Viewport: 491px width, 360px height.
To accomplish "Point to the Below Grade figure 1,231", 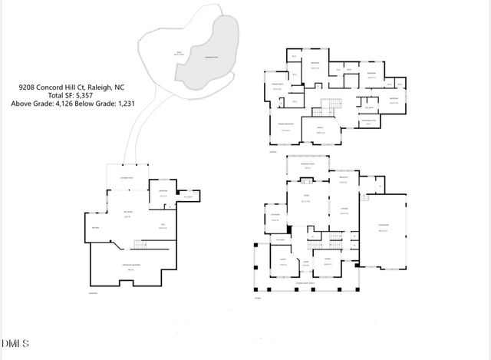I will coord(124,104).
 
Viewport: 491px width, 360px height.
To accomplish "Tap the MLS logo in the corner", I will coord(14,342).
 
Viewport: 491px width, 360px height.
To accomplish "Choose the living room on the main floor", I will coord(305,201).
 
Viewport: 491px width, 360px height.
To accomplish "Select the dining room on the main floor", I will coord(328,263).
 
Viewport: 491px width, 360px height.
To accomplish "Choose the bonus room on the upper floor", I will coord(321,131).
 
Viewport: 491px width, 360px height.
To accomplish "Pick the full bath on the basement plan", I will coord(188,198).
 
